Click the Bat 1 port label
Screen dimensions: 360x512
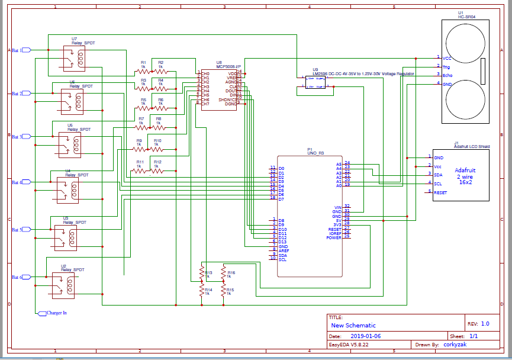coord(17,50)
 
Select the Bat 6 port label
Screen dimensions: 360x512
coord(17,277)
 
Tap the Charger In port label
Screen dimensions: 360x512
coord(56,313)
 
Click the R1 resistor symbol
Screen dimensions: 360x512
coord(143,72)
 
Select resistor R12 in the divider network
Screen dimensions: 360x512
coord(157,171)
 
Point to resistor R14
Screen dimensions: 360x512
coord(202,291)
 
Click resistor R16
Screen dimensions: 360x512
coord(224,274)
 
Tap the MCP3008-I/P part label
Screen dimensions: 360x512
coord(228,66)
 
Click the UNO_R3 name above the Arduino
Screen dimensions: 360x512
coord(315,153)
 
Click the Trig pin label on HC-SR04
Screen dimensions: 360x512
coord(447,67)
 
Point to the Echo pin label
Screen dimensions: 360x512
coord(448,75)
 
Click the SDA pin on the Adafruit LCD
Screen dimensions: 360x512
coord(438,175)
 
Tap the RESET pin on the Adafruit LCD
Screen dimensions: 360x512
coord(440,192)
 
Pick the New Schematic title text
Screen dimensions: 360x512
coord(353,325)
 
